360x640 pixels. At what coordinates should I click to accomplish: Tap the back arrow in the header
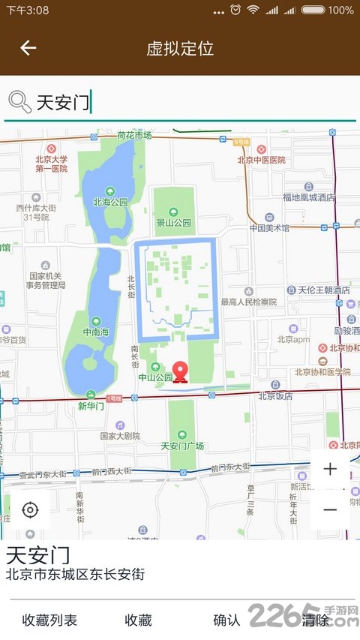[28, 49]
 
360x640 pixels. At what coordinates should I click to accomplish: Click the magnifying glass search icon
[19, 101]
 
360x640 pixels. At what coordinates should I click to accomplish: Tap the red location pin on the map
[181, 371]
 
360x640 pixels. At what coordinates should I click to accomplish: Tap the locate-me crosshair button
[30, 511]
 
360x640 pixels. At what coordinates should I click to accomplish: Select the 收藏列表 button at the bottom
[49, 620]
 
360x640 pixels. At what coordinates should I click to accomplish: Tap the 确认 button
[226, 620]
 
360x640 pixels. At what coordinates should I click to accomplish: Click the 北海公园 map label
[110, 201]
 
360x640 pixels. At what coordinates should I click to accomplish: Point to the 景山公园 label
[173, 222]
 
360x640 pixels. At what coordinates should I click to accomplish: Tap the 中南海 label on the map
[97, 331]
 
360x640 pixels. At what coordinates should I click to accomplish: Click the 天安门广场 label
[182, 446]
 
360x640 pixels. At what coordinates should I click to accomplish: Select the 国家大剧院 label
[120, 435]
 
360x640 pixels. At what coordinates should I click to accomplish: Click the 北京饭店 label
[275, 395]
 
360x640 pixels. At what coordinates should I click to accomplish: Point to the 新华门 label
[90, 405]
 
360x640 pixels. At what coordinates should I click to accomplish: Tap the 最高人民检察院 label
[248, 302]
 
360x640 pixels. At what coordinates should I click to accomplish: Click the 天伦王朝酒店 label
[324, 290]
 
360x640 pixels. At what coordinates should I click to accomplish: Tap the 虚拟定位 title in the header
[180, 49]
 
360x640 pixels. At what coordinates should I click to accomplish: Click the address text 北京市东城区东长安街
[75, 575]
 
